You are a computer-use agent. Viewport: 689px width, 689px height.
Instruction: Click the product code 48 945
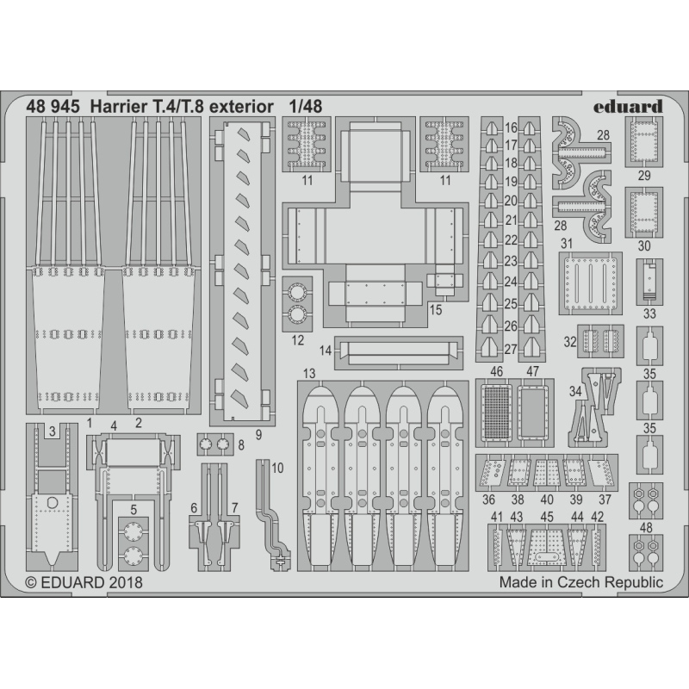click(53, 107)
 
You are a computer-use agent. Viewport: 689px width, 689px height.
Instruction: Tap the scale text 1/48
click(306, 107)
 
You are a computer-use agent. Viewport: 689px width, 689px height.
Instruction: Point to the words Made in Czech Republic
click(580, 582)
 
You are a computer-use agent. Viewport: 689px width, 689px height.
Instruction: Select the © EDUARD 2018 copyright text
click(84, 583)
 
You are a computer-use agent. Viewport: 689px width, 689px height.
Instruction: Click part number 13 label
click(309, 374)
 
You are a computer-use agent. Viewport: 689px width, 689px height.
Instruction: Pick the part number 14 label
click(326, 351)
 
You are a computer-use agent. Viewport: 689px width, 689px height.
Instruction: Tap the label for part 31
click(567, 243)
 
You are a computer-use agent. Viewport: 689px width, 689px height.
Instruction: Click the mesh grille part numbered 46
click(497, 413)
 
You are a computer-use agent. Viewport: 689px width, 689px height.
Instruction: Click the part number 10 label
click(277, 468)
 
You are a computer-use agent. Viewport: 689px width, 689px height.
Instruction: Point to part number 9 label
click(258, 435)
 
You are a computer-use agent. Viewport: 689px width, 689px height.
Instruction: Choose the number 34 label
click(575, 391)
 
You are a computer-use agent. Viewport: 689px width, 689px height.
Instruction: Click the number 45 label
click(547, 517)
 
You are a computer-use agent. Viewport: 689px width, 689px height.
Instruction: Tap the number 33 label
click(649, 313)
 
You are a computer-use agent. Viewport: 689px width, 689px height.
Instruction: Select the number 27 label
click(511, 350)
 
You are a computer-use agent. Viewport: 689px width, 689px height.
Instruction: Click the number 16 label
click(511, 127)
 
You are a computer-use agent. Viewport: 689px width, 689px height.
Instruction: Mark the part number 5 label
click(133, 510)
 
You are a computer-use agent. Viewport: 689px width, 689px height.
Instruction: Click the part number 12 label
click(297, 340)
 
